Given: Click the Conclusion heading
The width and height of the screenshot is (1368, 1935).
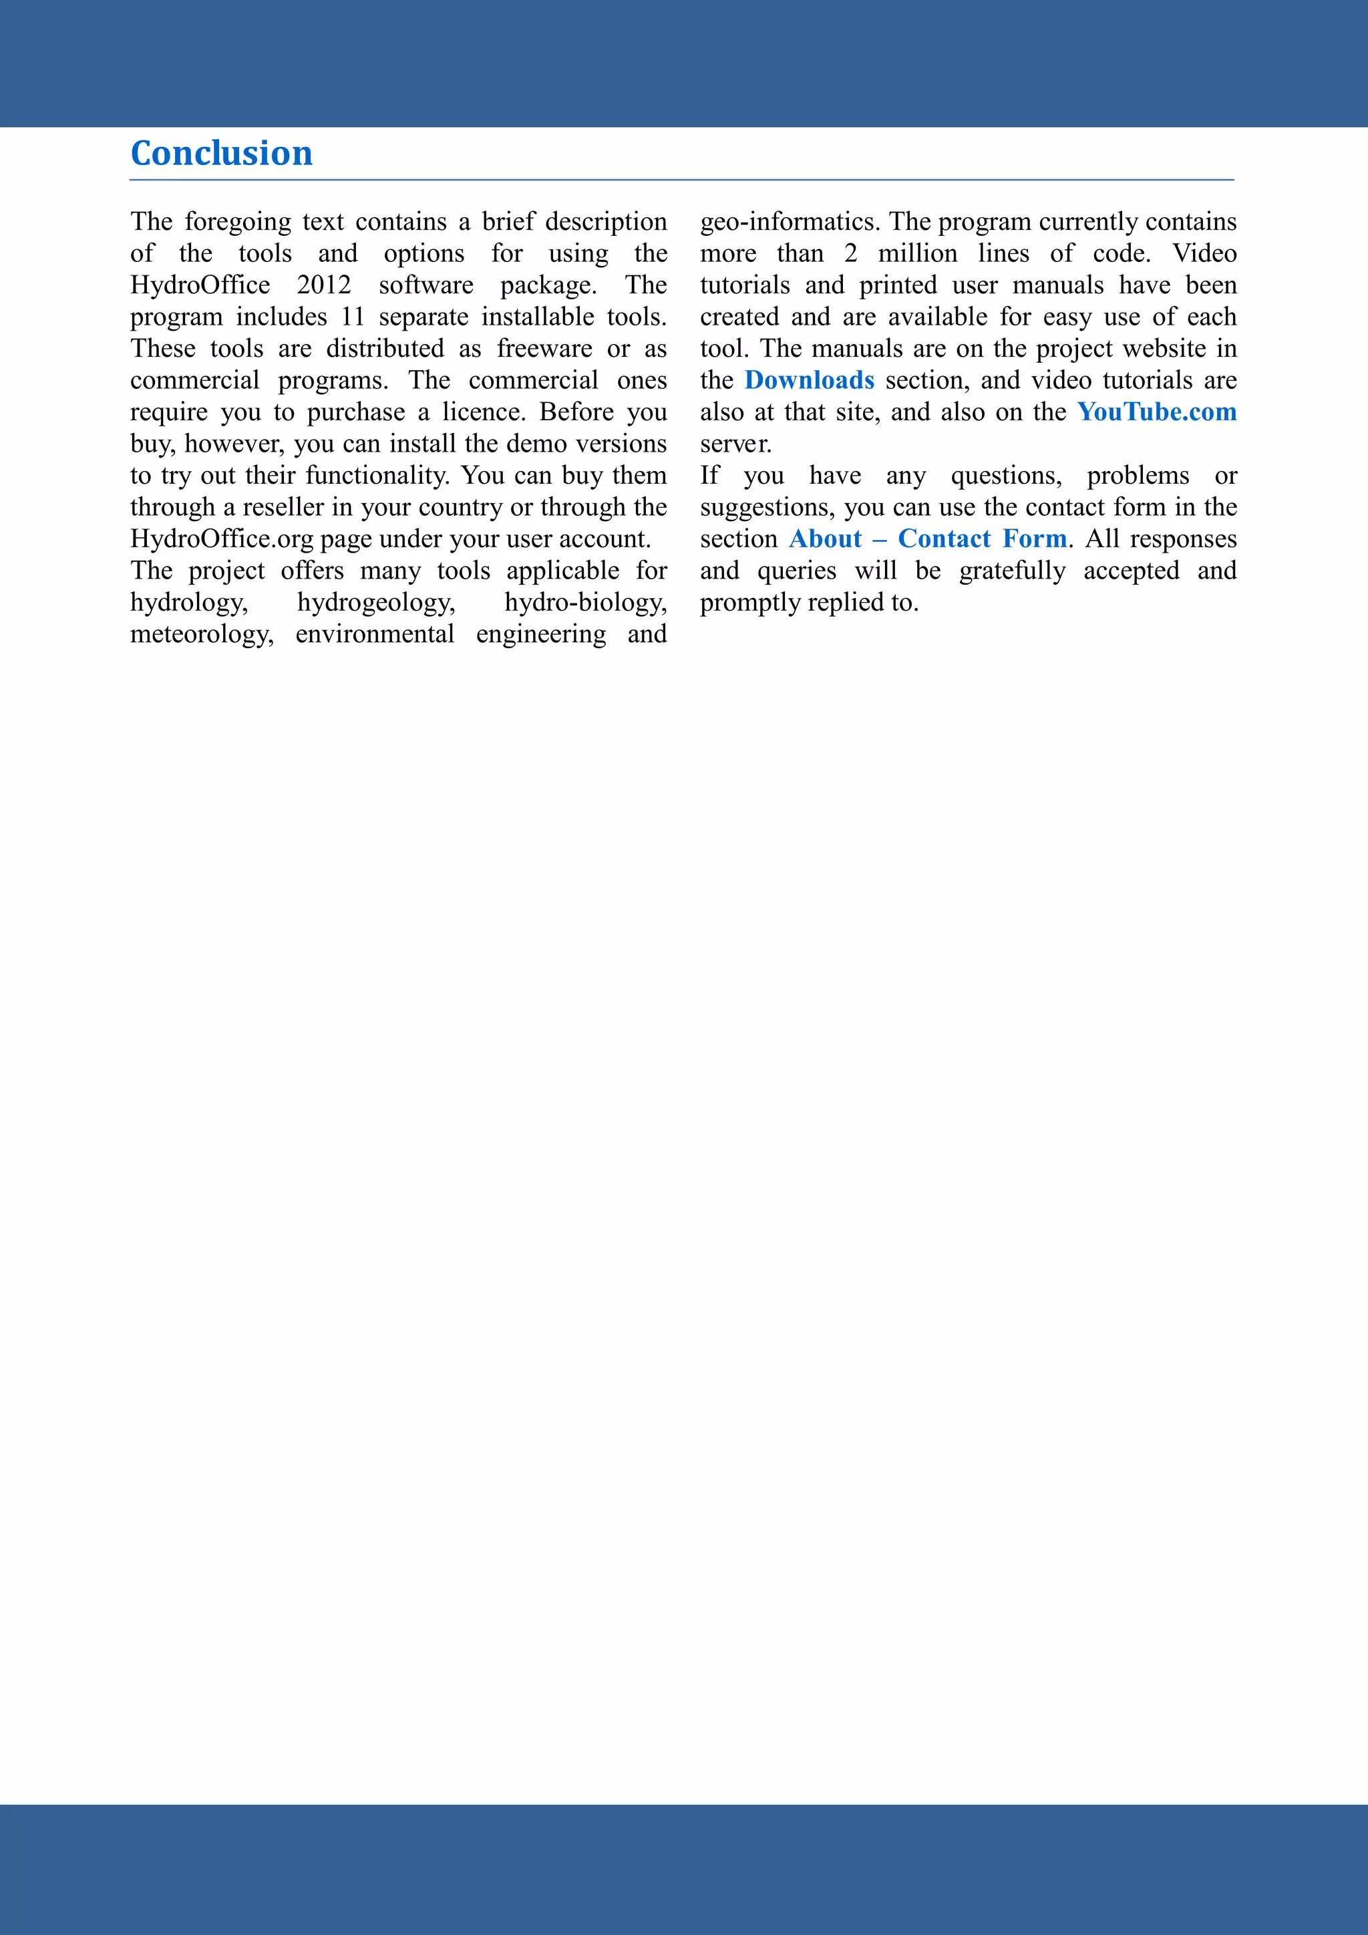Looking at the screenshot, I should click(x=222, y=154).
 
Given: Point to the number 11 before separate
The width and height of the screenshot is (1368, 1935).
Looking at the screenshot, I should click(x=352, y=317).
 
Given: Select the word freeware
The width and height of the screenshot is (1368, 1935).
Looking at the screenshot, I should click(x=544, y=349).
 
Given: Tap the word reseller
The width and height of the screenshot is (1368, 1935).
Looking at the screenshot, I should click(x=283, y=507).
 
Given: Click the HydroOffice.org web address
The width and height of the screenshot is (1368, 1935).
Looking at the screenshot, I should click(x=222, y=539).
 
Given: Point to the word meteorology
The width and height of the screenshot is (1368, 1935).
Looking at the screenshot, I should click(x=201, y=635).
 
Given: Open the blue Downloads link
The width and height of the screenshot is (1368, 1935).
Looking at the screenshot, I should click(x=810, y=380).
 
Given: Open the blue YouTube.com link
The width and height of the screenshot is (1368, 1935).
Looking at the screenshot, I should click(x=1156, y=412).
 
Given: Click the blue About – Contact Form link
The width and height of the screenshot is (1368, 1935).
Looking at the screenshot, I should click(x=927, y=539).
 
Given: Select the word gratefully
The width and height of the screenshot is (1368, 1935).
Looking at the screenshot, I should click(x=1012, y=571).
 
